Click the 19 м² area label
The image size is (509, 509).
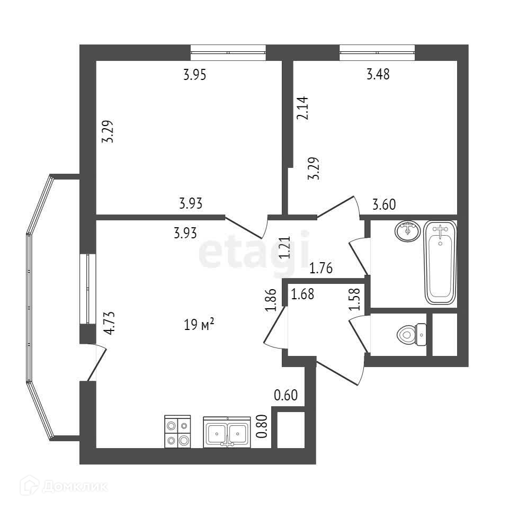[x=199, y=325]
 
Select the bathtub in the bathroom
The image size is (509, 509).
[x=440, y=263]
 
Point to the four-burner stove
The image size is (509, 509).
[x=177, y=432]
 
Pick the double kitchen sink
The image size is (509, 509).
[x=226, y=433]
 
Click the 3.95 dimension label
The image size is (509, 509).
[x=194, y=75]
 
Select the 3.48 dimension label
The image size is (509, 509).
[x=378, y=75]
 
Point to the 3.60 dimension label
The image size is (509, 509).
[x=385, y=204]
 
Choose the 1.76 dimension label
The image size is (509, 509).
[x=320, y=269]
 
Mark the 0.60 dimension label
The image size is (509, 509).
[x=286, y=395]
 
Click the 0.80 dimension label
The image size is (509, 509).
[x=261, y=426]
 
